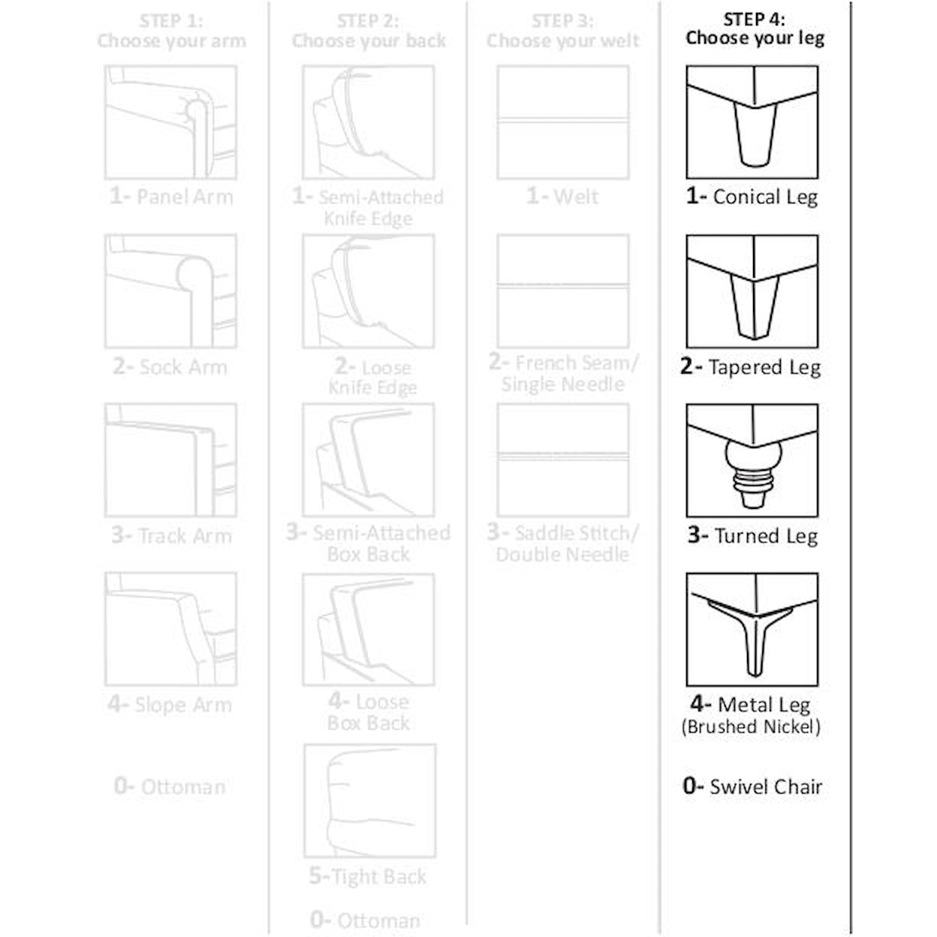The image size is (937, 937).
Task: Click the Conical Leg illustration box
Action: pyautogui.click(x=752, y=122)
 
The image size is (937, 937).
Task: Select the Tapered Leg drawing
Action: pyautogui.click(x=752, y=291)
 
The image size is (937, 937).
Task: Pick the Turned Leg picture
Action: pyautogui.click(x=752, y=460)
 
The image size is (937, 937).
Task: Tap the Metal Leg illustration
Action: pyautogui.click(x=752, y=629)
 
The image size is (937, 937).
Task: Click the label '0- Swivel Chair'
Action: pyautogui.click(x=752, y=786)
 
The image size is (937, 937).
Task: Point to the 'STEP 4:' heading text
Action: pyautogui.click(x=754, y=20)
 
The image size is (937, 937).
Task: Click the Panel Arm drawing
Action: pyautogui.click(x=170, y=122)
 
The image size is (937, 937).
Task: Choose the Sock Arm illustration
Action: pyautogui.click(x=170, y=291)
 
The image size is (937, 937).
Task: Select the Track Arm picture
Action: pyautogui.click(x=170, y=460)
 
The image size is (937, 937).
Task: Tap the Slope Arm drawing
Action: pyautogui.click(x=170, y=629)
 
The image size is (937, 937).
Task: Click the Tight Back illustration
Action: pyautogui.click(x=370, y=801)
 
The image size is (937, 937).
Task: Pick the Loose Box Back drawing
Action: pyautogui.click(x=369, y=630)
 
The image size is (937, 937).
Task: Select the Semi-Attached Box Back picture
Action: pyautogui.click(x=369, y=460)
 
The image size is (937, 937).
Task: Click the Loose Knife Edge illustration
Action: pyautogui.click(x=369, y=291)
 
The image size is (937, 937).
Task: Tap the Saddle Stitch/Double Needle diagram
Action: pyautogui.click(x=563, y=460)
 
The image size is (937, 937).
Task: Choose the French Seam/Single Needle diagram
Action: pyautogui.click(x=563, y=291)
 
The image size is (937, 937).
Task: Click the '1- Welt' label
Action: pyautogui.click(x=562, y=197)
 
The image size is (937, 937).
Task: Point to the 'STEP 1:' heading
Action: pyautogui.click(x=171, y=21)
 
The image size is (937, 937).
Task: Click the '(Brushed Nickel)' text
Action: pyautogui.click(x=752, y=727)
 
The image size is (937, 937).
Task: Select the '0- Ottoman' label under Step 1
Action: pyautogui.click(x=170, y=786)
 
